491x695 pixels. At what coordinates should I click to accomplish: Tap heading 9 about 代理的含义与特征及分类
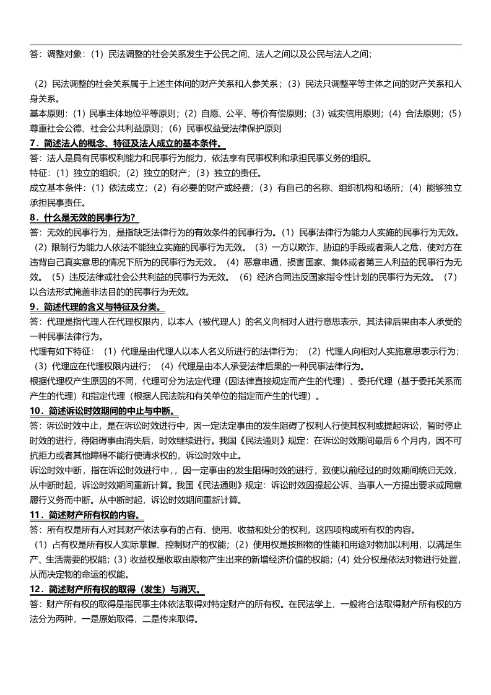click(x=98, y=307)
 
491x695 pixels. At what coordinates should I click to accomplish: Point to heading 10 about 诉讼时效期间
click(x=104, y=411)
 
